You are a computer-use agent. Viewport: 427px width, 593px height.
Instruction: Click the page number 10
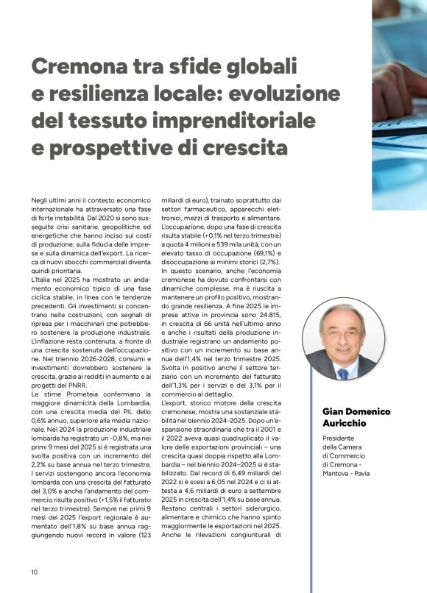pyautogui.click(x=35, y=572)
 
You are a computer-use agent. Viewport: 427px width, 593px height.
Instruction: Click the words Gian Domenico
pyautogui.click(x=356, y=411)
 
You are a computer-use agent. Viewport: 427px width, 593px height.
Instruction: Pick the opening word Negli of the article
pyautogui.click(x=41, y=200)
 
